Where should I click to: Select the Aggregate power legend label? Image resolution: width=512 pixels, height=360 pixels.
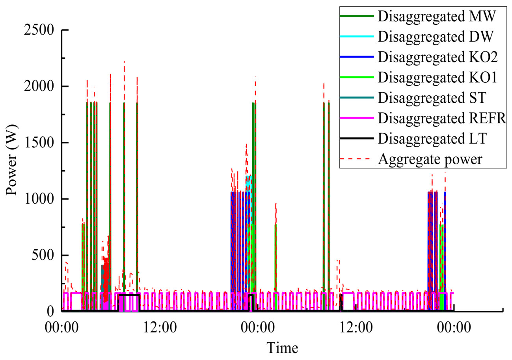point(430,159)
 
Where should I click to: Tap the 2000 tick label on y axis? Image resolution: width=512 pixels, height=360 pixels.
point(40,86)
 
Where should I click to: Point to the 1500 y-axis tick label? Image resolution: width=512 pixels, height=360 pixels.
point(40,143)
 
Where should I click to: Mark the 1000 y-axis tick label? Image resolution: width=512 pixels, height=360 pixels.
point(40,199)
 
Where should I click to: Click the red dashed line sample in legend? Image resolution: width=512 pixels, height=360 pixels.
point(357,159)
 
